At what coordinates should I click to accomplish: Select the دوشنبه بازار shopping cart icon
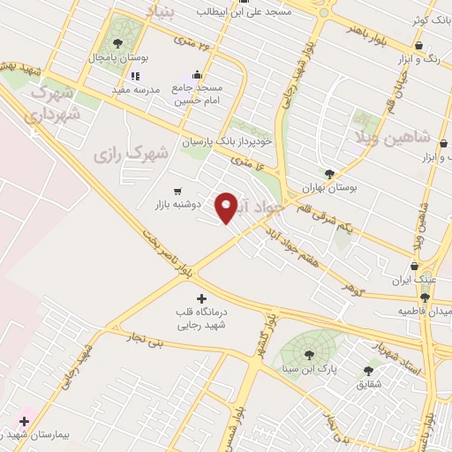coord(178,190)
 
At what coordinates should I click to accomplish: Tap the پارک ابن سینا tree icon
coord(310,355)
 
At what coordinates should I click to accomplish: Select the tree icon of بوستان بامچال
coord(117,43)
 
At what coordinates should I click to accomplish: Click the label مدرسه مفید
coord(133,90)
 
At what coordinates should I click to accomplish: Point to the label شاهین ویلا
coord(403,137)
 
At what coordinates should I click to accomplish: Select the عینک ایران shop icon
coord(415,266)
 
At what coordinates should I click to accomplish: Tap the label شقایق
coord(369,385)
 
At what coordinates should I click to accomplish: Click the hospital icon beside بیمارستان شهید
coord(24,422)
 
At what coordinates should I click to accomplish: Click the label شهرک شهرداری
coord(54,103)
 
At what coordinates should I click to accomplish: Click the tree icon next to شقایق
coord(368,371)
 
